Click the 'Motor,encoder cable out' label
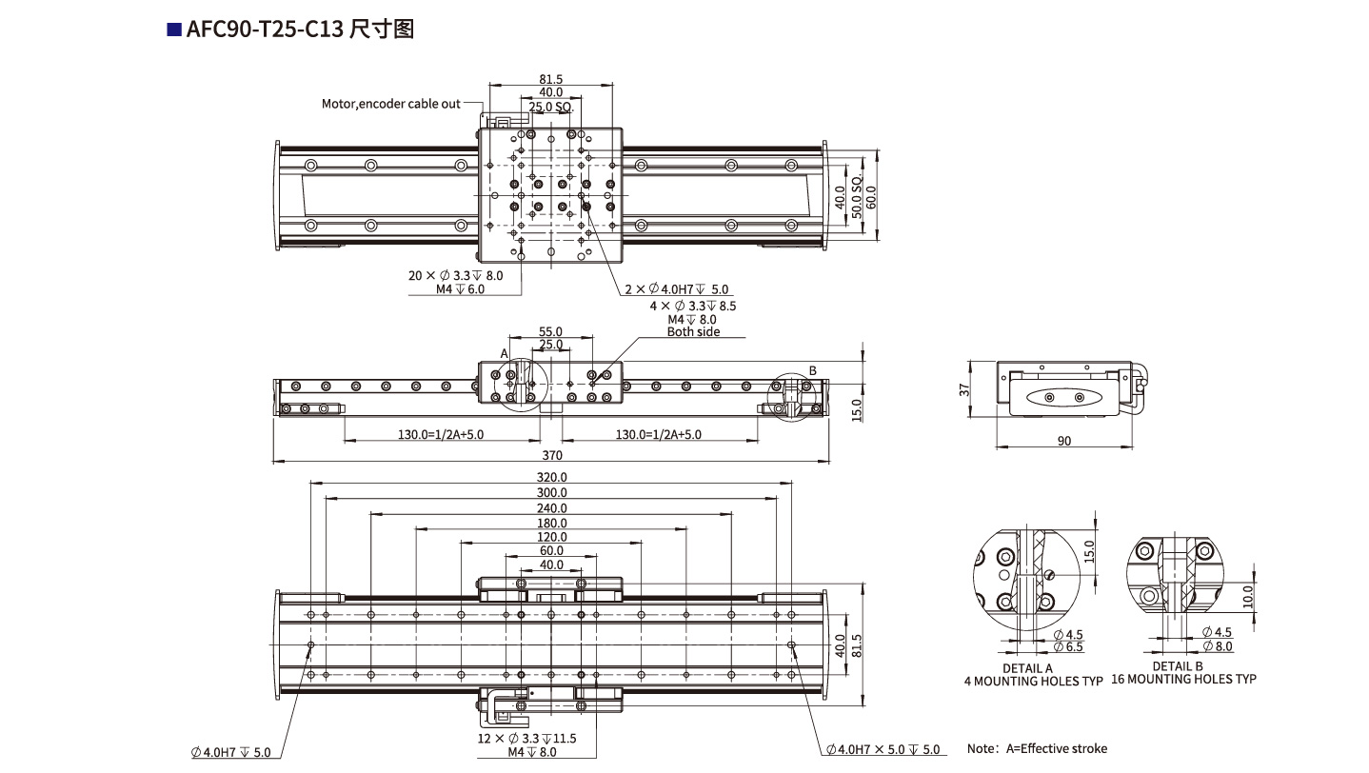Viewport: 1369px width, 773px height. click(x=390, y=104)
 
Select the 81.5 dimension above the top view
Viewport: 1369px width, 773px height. click(x=550, y=80)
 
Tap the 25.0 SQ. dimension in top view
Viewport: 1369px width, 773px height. click(x=550, y=108)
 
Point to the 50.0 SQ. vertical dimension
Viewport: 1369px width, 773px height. click(x=856, y=198)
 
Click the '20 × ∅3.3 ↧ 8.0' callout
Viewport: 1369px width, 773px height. click(x=455, y=275)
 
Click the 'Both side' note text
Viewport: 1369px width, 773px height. click(x=693, y=332)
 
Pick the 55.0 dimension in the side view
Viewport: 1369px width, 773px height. click(x=550, y=331)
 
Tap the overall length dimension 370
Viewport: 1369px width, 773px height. click(x=550, y=456)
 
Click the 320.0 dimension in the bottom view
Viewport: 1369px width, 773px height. click(x=550, y=477)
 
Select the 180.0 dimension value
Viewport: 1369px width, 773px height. click(x=550, y=523)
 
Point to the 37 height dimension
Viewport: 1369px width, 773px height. click(x=963, y=389)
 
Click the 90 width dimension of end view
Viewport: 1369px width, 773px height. click(x=1064, y=441)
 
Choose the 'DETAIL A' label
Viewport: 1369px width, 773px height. click(x=1028, y=668)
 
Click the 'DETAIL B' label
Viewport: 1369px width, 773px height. click(x=1178, y=666)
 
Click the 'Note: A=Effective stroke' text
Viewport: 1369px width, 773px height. click(x=1037, y=748)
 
